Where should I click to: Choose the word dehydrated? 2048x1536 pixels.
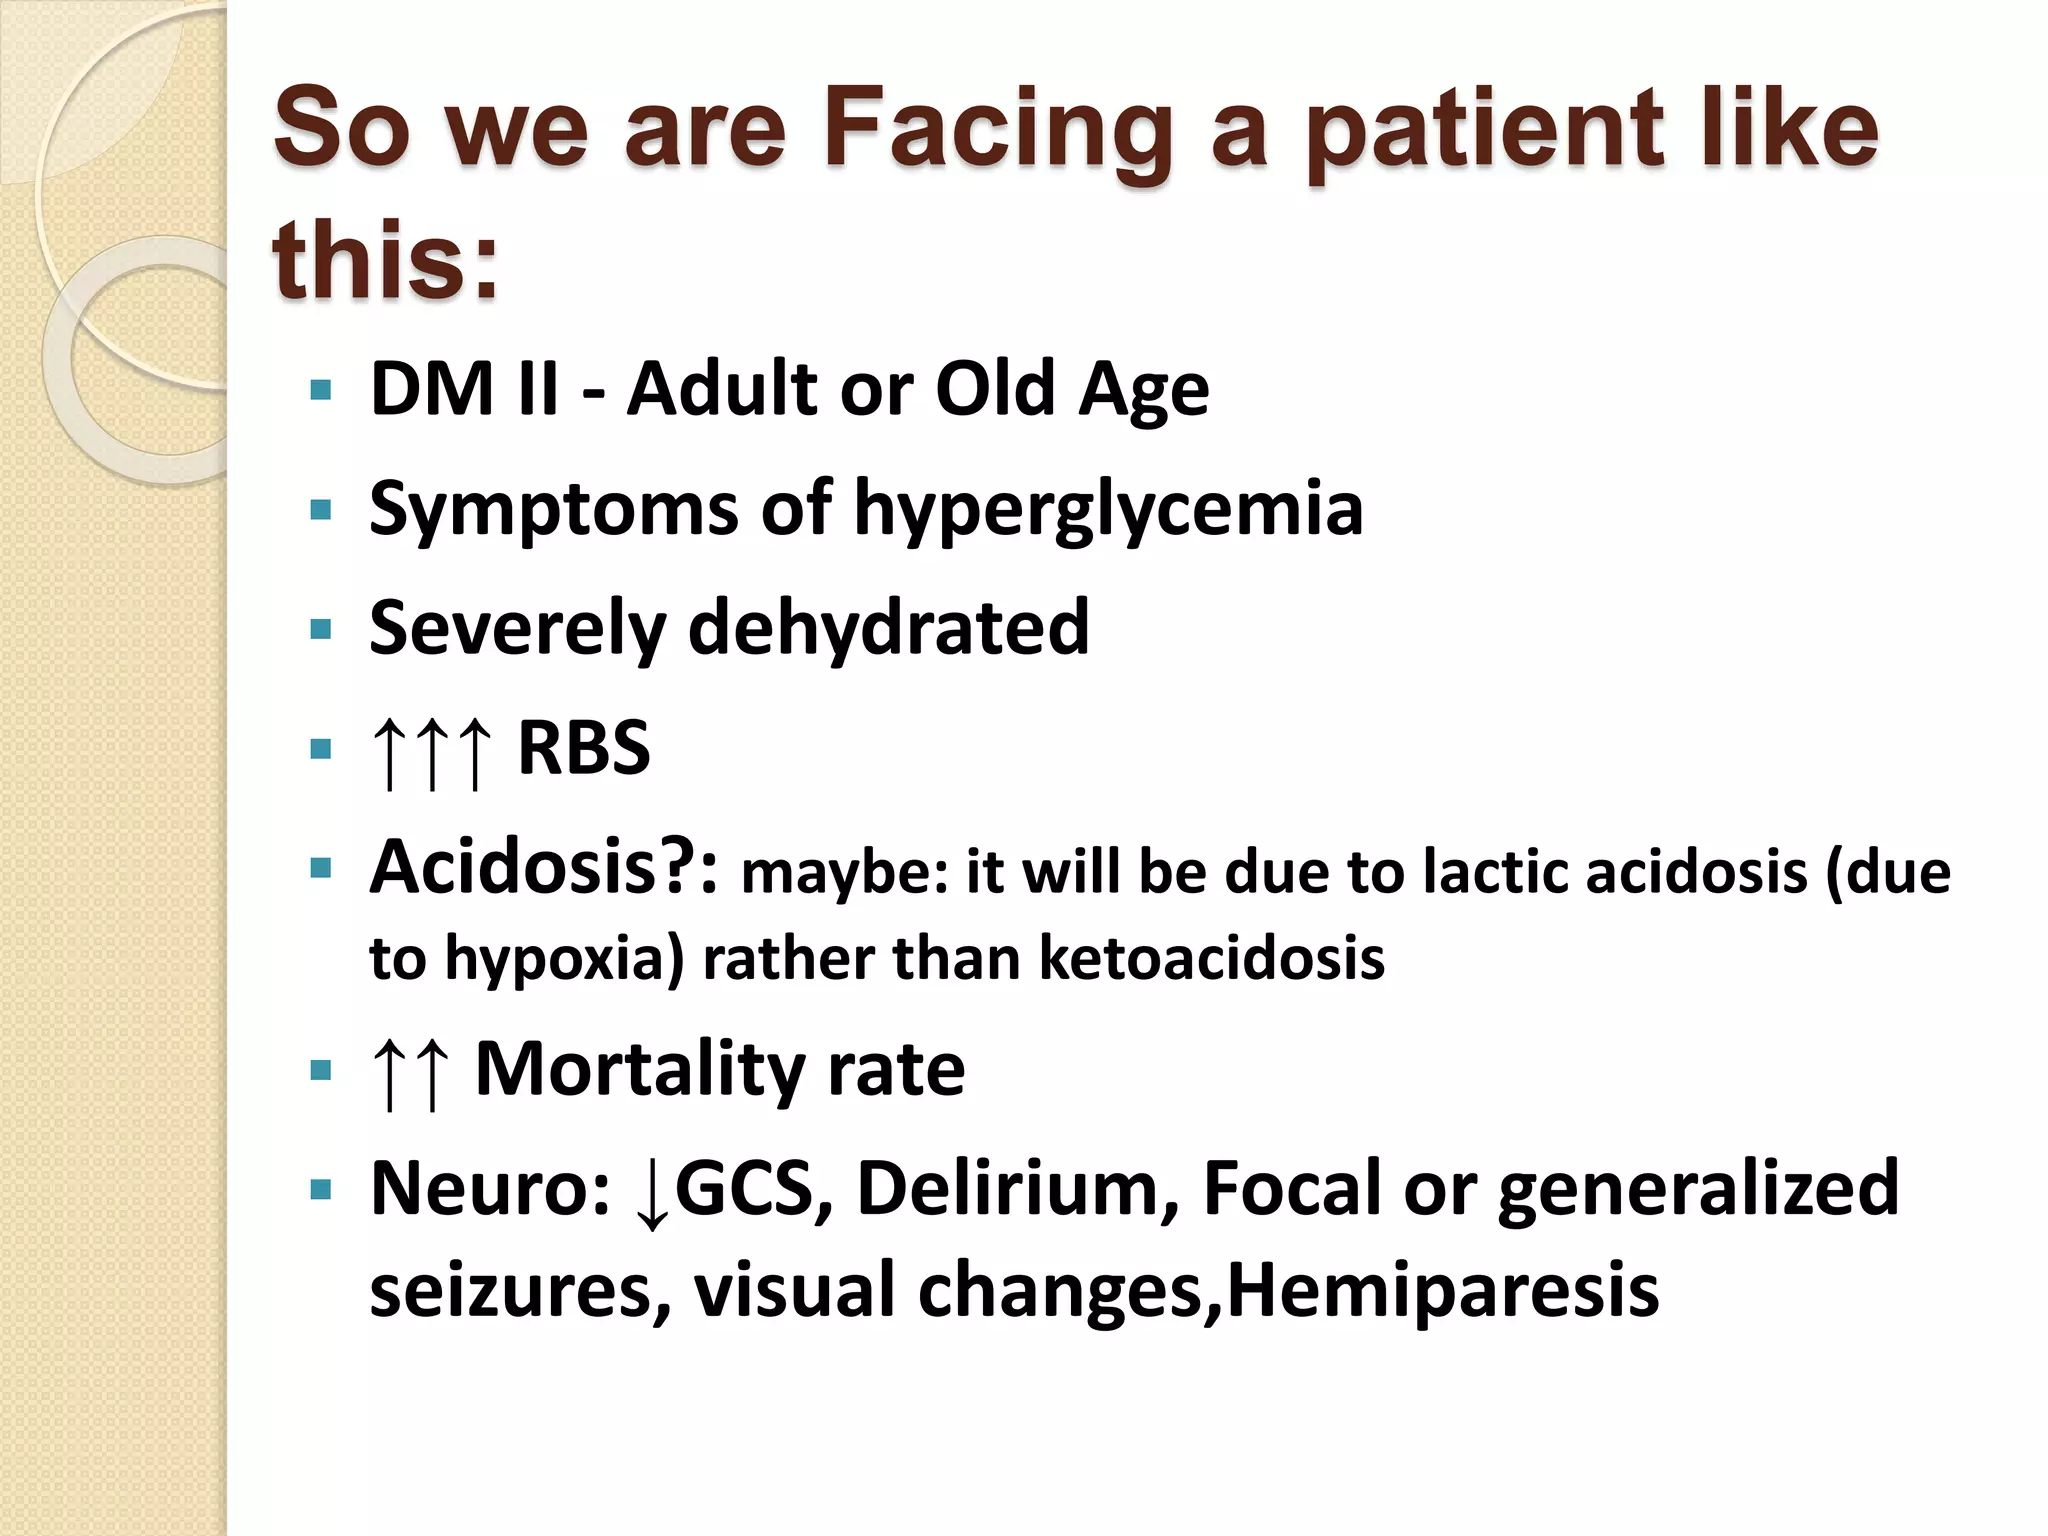click(889, 628)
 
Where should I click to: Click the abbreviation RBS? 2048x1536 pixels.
click(584, 748)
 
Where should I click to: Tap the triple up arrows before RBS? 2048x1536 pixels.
click(431, 752)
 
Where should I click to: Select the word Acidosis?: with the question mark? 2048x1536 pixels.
click(544, 868)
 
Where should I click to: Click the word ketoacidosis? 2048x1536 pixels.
click(1212, 958)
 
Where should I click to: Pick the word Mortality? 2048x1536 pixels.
click(639, 1070)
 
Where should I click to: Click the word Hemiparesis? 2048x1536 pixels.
click(1442, 1290)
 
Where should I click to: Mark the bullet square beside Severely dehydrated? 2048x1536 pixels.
click(321, 630)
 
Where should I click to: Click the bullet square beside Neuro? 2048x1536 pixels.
click(321, 1191)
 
